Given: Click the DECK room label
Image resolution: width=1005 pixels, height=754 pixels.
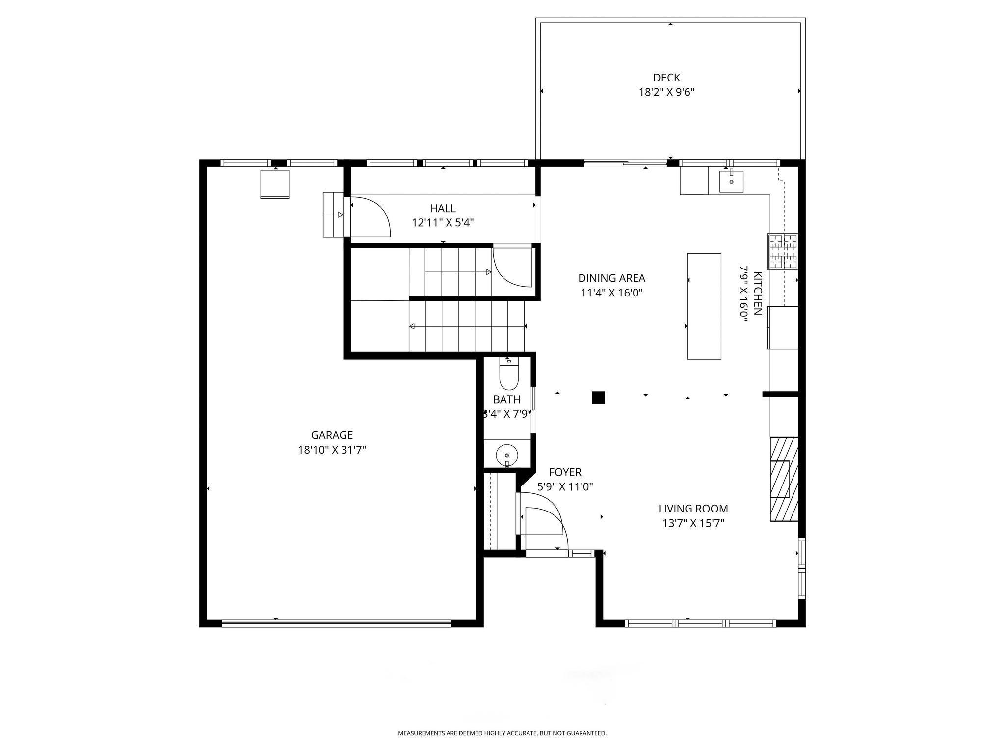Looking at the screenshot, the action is pos(666,78).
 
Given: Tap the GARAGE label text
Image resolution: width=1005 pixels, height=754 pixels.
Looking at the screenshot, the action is pos(332,435).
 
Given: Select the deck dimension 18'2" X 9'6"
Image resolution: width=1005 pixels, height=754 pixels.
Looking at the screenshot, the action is pos(666,92).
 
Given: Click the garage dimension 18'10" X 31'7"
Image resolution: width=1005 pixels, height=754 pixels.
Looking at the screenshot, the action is pos(332,450).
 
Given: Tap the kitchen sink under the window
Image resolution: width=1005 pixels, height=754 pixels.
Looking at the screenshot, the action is pos(731,182).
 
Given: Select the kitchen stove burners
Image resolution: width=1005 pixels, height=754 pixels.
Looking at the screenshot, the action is pos(783,251).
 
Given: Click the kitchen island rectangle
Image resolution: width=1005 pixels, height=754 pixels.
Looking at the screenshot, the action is pos(704,306).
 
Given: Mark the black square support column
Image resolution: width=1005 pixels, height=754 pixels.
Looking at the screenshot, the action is pos(598,398).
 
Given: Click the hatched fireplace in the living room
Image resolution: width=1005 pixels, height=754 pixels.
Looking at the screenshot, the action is pos(784,479).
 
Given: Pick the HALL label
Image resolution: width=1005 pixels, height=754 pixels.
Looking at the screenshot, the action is pos(443,208).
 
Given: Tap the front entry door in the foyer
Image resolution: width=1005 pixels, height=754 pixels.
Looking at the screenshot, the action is pos(542,521).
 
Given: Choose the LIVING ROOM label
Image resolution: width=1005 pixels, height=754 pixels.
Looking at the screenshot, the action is pos(693,509).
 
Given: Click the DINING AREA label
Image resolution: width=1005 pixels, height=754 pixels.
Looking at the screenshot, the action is pos(611,278).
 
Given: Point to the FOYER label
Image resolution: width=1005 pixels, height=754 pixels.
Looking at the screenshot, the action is pos(565,472).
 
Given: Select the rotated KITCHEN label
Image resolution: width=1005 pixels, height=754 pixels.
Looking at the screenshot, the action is pos(758,294).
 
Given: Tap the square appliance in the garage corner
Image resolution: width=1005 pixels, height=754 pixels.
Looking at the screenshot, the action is pos(274,184).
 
